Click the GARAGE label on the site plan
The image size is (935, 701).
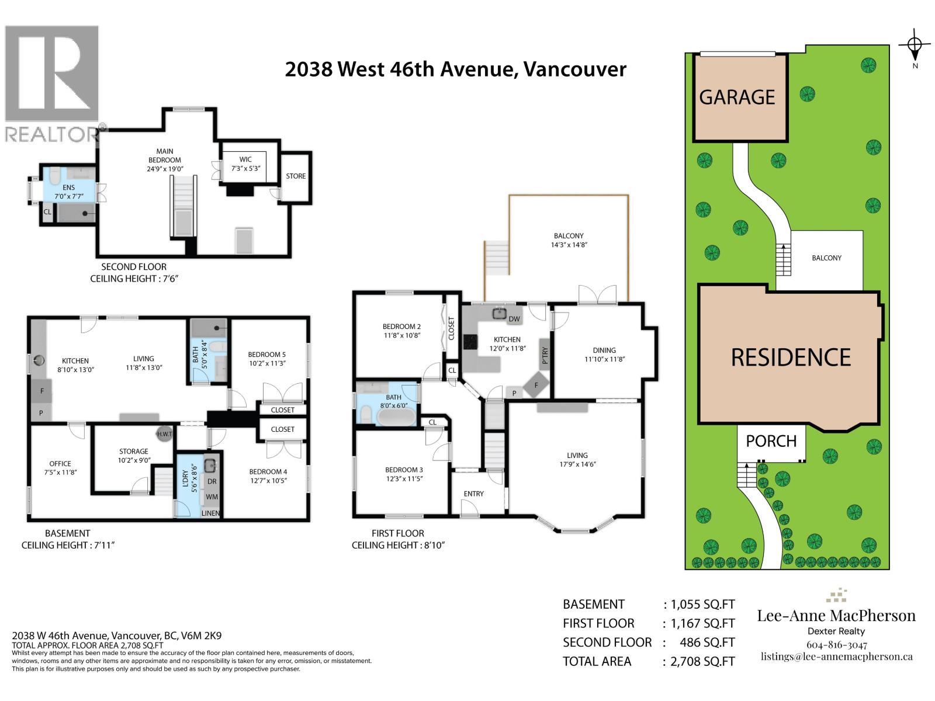click(737, 97)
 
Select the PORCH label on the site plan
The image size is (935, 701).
click(771, 441)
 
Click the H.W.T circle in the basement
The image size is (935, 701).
click(164, 434)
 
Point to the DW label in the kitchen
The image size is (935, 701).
click(514, 319)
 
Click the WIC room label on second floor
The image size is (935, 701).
click(245, 159)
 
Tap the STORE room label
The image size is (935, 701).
click(296, 176)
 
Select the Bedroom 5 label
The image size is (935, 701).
click(266, 355)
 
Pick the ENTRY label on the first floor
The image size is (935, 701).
click(473, 494)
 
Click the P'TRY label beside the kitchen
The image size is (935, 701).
click(545, 356)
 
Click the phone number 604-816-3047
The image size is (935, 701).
click(836, 645)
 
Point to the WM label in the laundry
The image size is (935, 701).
click(212, 497)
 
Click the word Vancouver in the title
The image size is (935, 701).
click(574, 69)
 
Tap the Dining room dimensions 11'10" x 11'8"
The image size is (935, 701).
click(604, 359)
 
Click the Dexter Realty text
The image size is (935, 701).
click(836, 631)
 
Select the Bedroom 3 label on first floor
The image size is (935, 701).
click(404, 470)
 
